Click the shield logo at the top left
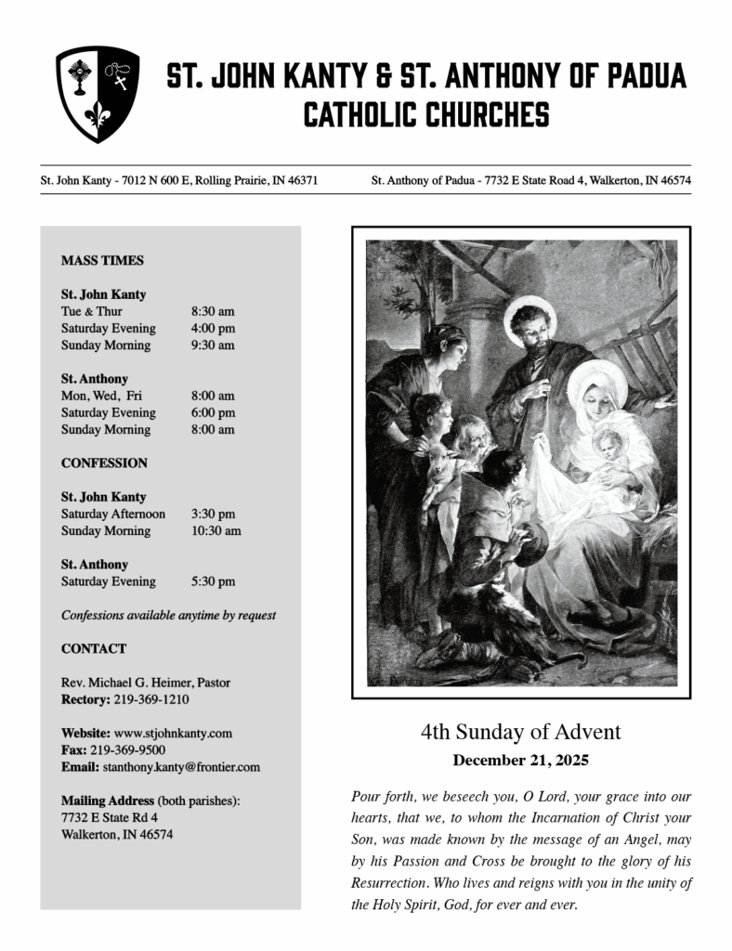[98, 94]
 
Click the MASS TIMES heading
[102, 261]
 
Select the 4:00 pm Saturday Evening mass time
[213, 329]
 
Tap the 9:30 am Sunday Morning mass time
[213, 345]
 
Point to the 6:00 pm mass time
[213, 413]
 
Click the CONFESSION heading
[104, 463]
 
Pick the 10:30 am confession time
[216, 531]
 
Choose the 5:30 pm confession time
[213, 582]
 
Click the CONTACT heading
[94, 649]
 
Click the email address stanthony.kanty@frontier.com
[180, 767]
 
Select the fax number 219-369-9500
[127, 750]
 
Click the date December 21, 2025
[520, 761]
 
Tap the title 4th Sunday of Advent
[520, 733]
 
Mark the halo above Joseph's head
[530, 312]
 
